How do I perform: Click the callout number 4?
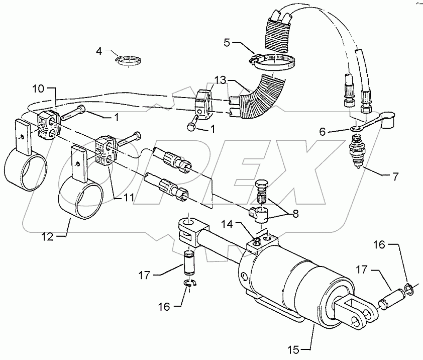[x=99, y=51]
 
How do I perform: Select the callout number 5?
[x=227, y=43]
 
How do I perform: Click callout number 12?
[x=47, y=236]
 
